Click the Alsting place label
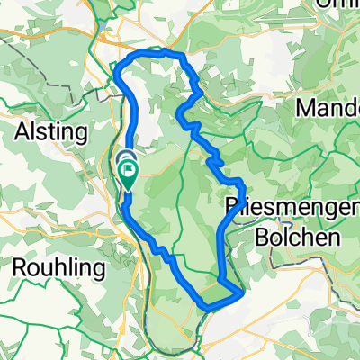[52, 132]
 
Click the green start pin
[128, 170]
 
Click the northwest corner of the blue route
[120, 68]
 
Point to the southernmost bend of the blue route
[208, 307]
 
